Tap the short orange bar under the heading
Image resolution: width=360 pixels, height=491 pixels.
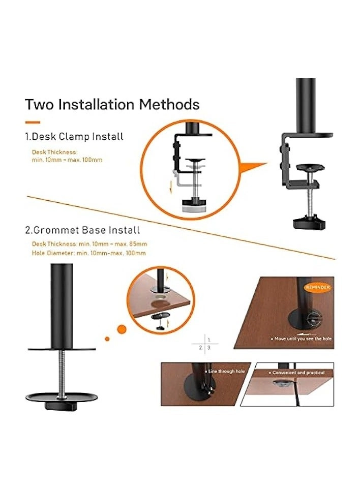(x=33, y=122)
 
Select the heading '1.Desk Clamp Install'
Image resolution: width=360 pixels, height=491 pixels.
(x=74, y=136)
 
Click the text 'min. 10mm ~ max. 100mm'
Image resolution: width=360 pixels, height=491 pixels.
(x=67, y=160)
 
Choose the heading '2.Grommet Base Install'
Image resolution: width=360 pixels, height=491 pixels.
(x=82, y=230)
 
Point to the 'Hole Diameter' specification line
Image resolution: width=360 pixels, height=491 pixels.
(x=89, y=253)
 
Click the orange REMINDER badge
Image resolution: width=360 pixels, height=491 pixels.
(x=318, y=287)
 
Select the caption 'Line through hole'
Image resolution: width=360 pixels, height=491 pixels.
(x=226, y=372)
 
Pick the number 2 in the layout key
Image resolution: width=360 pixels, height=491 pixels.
(x=201, y=348)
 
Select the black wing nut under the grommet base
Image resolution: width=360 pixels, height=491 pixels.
(x=61, y=405)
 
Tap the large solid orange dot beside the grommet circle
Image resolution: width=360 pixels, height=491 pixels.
(x=122, y=329)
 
